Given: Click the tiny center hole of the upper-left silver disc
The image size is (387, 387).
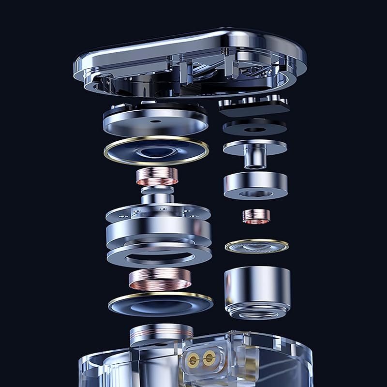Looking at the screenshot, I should (156, 121).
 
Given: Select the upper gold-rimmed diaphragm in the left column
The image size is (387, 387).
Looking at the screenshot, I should (156, 150).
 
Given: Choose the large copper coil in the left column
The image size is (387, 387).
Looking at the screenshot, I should (160, 279).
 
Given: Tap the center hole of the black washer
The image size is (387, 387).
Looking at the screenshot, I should (255, 129).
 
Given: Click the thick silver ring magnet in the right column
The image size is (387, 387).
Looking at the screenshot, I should (255, 185).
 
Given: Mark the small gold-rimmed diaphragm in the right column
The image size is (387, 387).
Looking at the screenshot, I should (256, 246).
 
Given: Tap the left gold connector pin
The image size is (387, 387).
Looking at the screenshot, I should (193, 358).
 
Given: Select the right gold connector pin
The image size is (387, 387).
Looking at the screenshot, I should (209, 358).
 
